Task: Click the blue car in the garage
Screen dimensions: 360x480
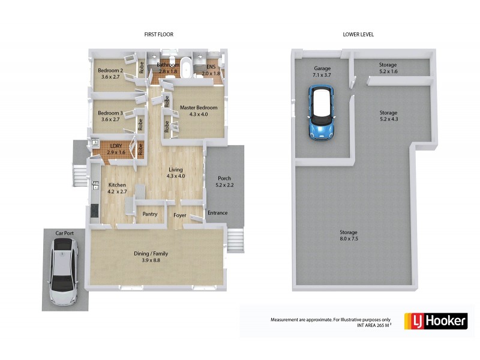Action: [x=321, y=112]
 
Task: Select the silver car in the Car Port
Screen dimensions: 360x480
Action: [x=64, y=271]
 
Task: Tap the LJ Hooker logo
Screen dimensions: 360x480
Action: [x=436, y=322]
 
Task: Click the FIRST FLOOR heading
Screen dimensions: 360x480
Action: [x=159, y=34]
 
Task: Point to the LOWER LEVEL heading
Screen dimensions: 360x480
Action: [x=358, y=34]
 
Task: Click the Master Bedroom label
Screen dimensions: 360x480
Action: [x=198, y=108]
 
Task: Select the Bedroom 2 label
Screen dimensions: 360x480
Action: [x=110, y=71]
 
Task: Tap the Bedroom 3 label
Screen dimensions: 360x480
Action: [x=110, y=113]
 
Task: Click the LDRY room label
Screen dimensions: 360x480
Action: [x=116, y=145]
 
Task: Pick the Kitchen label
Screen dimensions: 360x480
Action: [x=117, y=185]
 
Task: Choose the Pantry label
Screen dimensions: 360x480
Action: [x=150, y=214]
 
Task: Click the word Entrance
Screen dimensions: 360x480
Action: [x=218, y=213]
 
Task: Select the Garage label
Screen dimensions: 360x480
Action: [x=322, y=68]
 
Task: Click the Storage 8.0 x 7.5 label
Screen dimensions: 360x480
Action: [x=348, y=232]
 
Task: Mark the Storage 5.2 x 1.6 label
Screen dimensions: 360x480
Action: [x=388, y=65]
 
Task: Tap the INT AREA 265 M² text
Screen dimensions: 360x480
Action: [x=374, y=325]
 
